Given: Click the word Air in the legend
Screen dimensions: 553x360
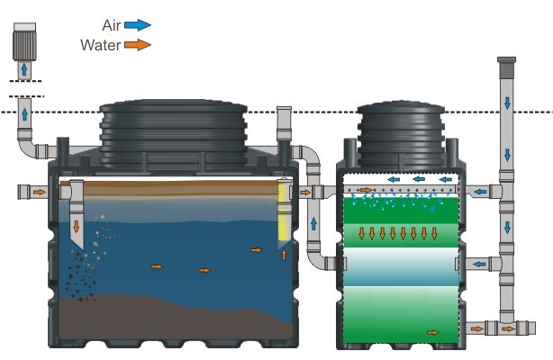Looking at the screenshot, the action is click(x=112, y=25).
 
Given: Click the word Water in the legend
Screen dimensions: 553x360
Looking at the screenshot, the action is click(x=101, y=45).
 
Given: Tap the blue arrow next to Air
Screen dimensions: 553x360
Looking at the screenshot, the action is click(x=138, y=25).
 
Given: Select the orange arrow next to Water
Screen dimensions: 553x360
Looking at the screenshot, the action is click(x=138, y=45).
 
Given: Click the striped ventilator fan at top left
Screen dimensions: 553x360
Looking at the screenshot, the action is click(x=24, y=41).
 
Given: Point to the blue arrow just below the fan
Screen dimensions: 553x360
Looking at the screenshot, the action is click(x=24, y=69).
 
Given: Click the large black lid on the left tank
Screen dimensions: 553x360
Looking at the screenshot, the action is click(x=173, y=133).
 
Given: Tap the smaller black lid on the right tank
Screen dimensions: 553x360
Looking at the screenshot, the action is click(x=401, y=133).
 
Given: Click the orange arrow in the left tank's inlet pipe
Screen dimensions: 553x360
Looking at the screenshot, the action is click(x=40, y=193).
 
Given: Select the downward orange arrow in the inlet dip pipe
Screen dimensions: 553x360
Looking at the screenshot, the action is click(x=77, y=226).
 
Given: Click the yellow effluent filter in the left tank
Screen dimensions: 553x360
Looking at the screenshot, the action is click(x=284, y=211).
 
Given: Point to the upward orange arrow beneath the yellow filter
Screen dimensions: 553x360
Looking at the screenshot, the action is click(x=284, y=254).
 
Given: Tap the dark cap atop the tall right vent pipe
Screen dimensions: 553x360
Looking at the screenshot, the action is click(x=506, y=67).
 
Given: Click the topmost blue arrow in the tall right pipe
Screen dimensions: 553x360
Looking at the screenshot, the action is click(x=507, y=103).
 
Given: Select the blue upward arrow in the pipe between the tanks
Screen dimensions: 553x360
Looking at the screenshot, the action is click(x=313, y=223).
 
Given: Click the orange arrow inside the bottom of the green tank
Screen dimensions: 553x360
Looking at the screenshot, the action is click(x=433, y=332).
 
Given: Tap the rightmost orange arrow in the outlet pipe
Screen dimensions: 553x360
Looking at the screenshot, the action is click(x=508, y=329).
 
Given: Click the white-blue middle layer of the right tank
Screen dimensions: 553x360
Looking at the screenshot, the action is click(x=401, y=266).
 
